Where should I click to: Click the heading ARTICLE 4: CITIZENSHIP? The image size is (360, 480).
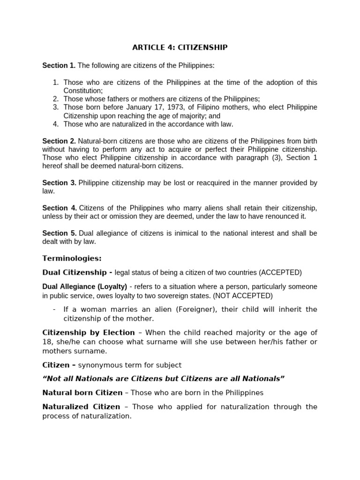click(x=180, y=47)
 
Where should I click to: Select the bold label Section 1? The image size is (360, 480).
click(x=59, y=66)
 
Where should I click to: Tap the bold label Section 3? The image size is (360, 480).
click(x=59, y=182)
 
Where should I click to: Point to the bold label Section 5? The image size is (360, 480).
click(x=59, y=233)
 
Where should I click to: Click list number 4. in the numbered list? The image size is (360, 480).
click(x=55, y=124)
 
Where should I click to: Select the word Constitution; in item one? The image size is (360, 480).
click(x=83, y=90)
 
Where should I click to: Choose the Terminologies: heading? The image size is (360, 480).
click(x=72, y=258)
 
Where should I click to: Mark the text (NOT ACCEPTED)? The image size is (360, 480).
click(x=243, y=296)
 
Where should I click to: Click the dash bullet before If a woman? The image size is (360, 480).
click(x=55, y=309)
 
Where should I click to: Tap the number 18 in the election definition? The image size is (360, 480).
click(x=47, y=342)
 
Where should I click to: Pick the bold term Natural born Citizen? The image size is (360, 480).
click(x=82, y=392)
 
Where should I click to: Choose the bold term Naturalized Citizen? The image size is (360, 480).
click(x=81, y=406)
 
